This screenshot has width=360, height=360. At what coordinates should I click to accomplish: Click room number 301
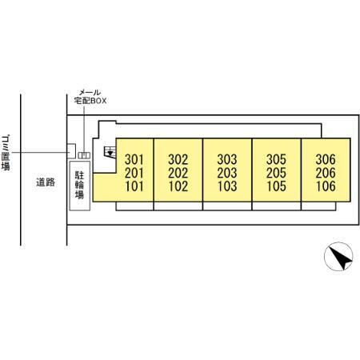pyautogui.click(x=134, y=159)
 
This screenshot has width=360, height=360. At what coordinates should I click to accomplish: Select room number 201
pyautogui.click(x=134, y=173)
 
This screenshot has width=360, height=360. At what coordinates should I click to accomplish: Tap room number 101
pyautogui.click(x=134, y=186)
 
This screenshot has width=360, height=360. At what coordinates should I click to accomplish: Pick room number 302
pyautogui.click(x=178, y=159)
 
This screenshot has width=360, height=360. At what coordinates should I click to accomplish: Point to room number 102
pyautogui.click(x=178, y=186)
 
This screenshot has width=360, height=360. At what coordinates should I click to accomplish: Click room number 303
pyautogui.click(x=227, y=159)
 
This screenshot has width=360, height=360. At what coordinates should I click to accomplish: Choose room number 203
pyautogui.click(x=227, y=173)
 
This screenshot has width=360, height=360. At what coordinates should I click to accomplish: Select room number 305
pyautogui.click(x=276, y=159)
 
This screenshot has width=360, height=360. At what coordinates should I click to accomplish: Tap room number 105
pyautogui.click(x=276, y=186)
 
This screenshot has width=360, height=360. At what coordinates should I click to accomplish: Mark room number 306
pyautogui.click(x=326, y=159)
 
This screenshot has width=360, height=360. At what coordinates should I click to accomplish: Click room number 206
pyautogui.click(x=326, y=173)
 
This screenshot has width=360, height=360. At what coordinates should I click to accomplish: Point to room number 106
pyautogui.click(x=326, y=186)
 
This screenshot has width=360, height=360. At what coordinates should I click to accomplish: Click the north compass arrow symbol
pyautogui.click(x=338, y=257)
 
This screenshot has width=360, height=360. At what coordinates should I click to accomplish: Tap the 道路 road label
pyautogui.click(x=46, y=182)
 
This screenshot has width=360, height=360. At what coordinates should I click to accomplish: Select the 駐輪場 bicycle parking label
pyautogui.click(x=79, y=185)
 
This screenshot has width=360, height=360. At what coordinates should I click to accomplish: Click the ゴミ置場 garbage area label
pyautogui.click(x=6, y=153)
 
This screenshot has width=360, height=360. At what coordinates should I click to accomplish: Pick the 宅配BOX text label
pyautogui.click(x=90, y=101)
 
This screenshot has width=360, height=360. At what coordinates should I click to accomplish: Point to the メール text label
pyautogui.click(x=90, y=93)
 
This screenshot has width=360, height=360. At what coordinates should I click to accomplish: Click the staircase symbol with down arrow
pyautogui.click(x=110, y=152)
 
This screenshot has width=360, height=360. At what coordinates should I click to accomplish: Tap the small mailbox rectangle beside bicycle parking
pyautogui.click(x=84, y=155)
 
